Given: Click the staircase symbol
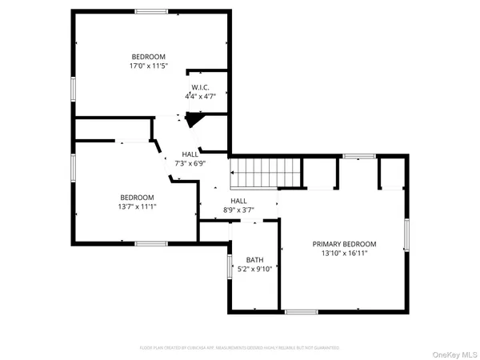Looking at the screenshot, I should point(264,171).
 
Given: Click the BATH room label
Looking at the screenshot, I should point(254,260).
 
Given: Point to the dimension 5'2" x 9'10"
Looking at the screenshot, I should point(254,270).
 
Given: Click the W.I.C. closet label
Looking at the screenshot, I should point(199,87).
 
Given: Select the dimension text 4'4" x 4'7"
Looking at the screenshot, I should point(199,97).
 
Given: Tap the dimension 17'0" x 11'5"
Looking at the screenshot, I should point(149,66).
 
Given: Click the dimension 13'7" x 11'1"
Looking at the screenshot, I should point(138,207).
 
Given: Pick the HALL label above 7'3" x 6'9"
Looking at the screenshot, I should point(190,154).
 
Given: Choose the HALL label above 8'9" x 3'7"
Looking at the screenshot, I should point(238,202).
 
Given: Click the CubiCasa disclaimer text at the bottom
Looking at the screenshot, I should point(240,348).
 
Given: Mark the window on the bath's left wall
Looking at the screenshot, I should point(229,266).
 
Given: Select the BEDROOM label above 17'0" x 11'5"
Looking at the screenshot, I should point(149,56).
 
